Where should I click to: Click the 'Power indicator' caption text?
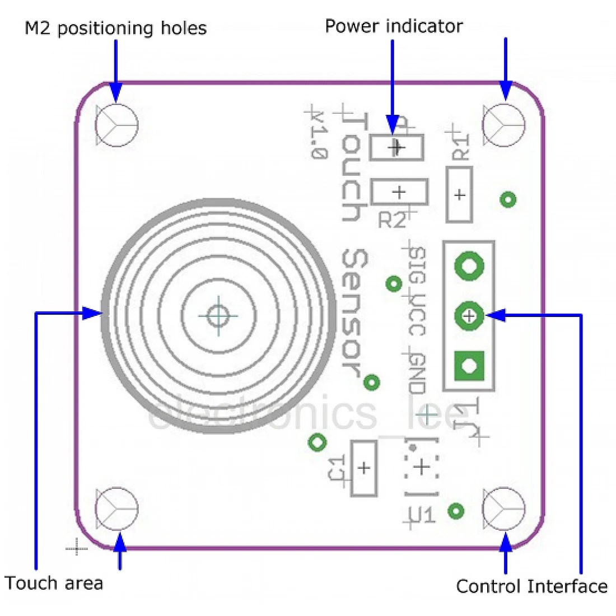pos(394,26)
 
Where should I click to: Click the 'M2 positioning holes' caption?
pos(116,28)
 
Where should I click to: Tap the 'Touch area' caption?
pos(54,583)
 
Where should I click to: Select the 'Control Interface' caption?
pos(531,586)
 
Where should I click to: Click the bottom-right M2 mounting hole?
pos(504,508)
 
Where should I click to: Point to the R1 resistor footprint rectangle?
pos(459,194)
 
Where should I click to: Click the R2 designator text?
pos(392,220)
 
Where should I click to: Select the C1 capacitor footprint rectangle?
pos(363,468)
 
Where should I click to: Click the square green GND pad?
pos(469,366)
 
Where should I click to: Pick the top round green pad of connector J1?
pos(469,267)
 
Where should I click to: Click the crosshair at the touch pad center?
pos(218,315)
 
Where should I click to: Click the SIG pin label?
pos(416,268)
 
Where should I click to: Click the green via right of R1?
pos(508,199)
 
